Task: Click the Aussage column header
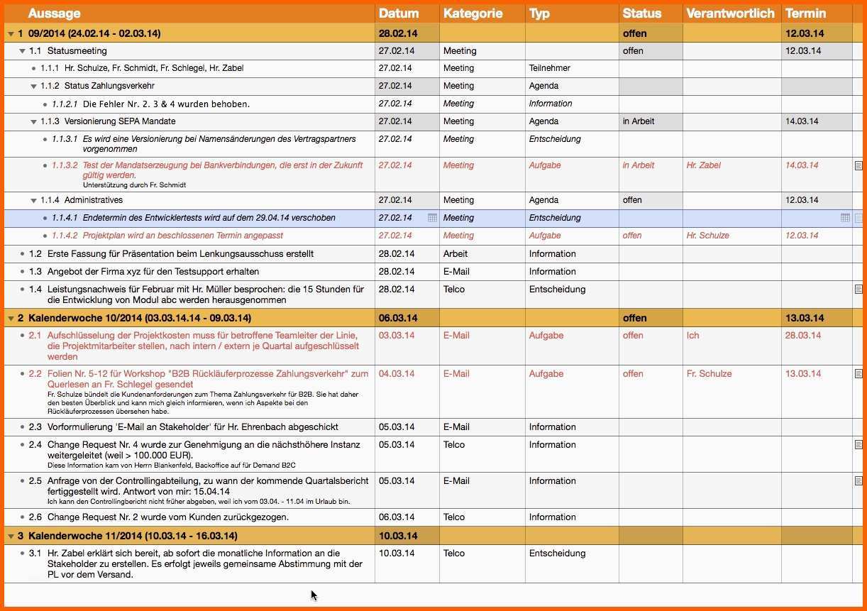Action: tap(54, 13)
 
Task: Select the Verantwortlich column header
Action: tap(730, 13)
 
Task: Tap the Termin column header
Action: tap(805, 13)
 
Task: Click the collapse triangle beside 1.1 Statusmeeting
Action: tap(23, 51)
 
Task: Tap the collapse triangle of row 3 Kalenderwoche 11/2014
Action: tap(10, 536)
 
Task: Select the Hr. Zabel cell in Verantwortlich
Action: tap(703, 165)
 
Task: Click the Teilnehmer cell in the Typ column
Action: tap(549, 68)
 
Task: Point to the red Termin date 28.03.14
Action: tap(803, 336)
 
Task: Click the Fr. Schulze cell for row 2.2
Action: tap(709, 374)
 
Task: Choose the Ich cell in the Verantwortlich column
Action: tap(692, 336)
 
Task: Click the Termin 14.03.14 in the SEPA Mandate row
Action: tap(802, 121)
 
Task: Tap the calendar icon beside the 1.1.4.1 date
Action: tap(432, 218)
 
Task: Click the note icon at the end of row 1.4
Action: tap(858, 290)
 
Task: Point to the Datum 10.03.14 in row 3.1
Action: tap(397, 554)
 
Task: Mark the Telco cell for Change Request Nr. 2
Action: tap(454, 517)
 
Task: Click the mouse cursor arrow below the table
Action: tap(314, 595)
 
